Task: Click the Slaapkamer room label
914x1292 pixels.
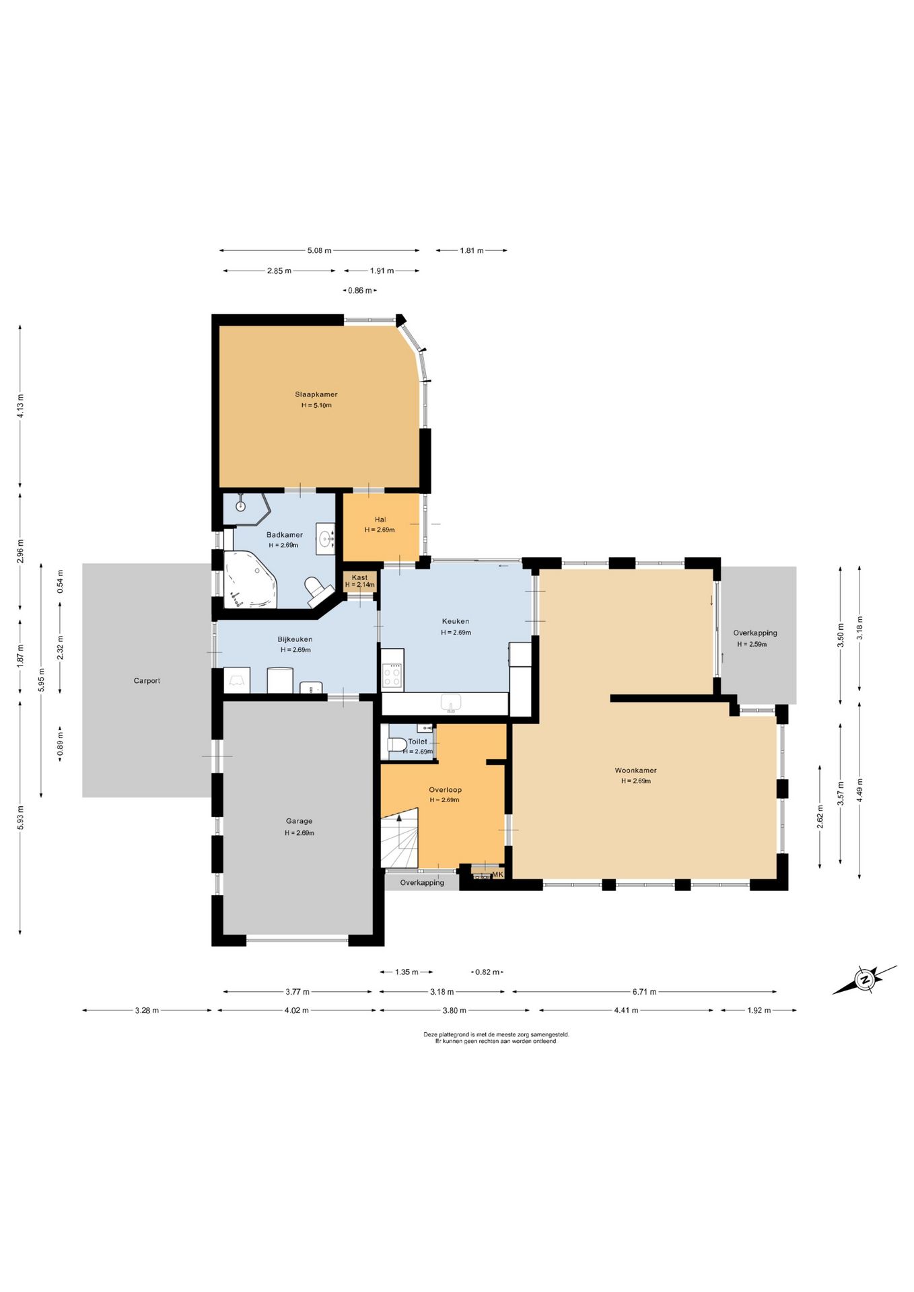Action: (x=316, y=394)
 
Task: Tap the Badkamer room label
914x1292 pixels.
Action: (x=285, y=535)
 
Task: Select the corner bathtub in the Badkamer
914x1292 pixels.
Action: (x=250, y=579)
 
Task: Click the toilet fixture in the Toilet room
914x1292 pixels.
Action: (x=396, y=744)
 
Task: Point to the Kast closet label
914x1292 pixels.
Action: (x=360, y=577)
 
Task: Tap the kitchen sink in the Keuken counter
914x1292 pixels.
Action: (x=451, y=703)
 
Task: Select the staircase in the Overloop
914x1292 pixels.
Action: (x=399, y=841)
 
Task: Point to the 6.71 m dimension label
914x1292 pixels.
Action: (x=644, y=991)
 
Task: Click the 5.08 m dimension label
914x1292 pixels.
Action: (x=320, y=250)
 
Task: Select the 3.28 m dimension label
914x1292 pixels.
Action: (x=147, y=1010)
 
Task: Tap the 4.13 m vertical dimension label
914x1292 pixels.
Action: (x=20, y=406)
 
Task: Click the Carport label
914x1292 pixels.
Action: (x=147, y=681)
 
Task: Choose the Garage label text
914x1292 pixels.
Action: (x=299, y=821)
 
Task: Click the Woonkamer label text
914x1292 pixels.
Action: (x=635, y=770)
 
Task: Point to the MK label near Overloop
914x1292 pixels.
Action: (x=498, y=874)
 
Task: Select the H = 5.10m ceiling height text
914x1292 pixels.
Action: (x=316, y=405)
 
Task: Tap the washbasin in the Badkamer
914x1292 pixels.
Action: (x=326, y=538)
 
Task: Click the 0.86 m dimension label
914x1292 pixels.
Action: (x=360, y=291)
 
